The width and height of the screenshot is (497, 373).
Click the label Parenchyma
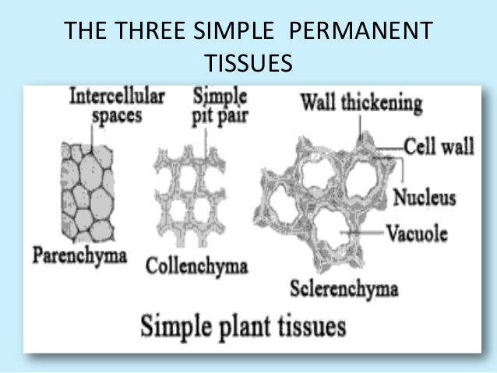79,256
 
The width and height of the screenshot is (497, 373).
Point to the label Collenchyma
196,266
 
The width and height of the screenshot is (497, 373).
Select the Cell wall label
439,147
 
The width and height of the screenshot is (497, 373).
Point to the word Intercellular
118,97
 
